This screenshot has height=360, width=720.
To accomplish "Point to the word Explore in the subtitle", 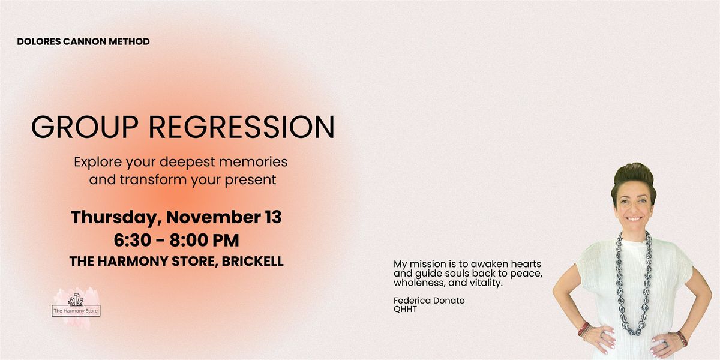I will [97, 162].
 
